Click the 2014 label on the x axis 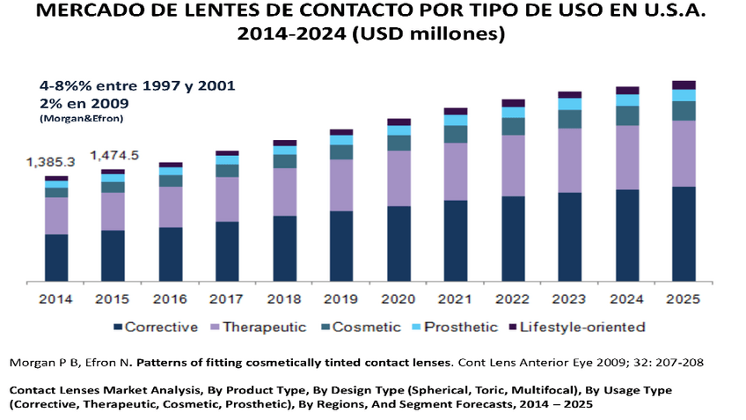click(x=56, y=299)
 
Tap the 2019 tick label click(x=341, y=299)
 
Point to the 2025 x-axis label click(x=684, y=299)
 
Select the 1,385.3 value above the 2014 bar click(x=50, y=162)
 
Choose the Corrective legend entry click(x=156, y=327)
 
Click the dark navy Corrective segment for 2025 click(x=684, y=234)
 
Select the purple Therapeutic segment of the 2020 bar click(x=399, y=178)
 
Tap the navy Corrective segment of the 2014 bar click(x=56, y=258)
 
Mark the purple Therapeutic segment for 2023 click(x=569, y=160)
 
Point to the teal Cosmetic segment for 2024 click(x=626, y=115)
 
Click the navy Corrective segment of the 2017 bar click(x=227, y=252)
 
